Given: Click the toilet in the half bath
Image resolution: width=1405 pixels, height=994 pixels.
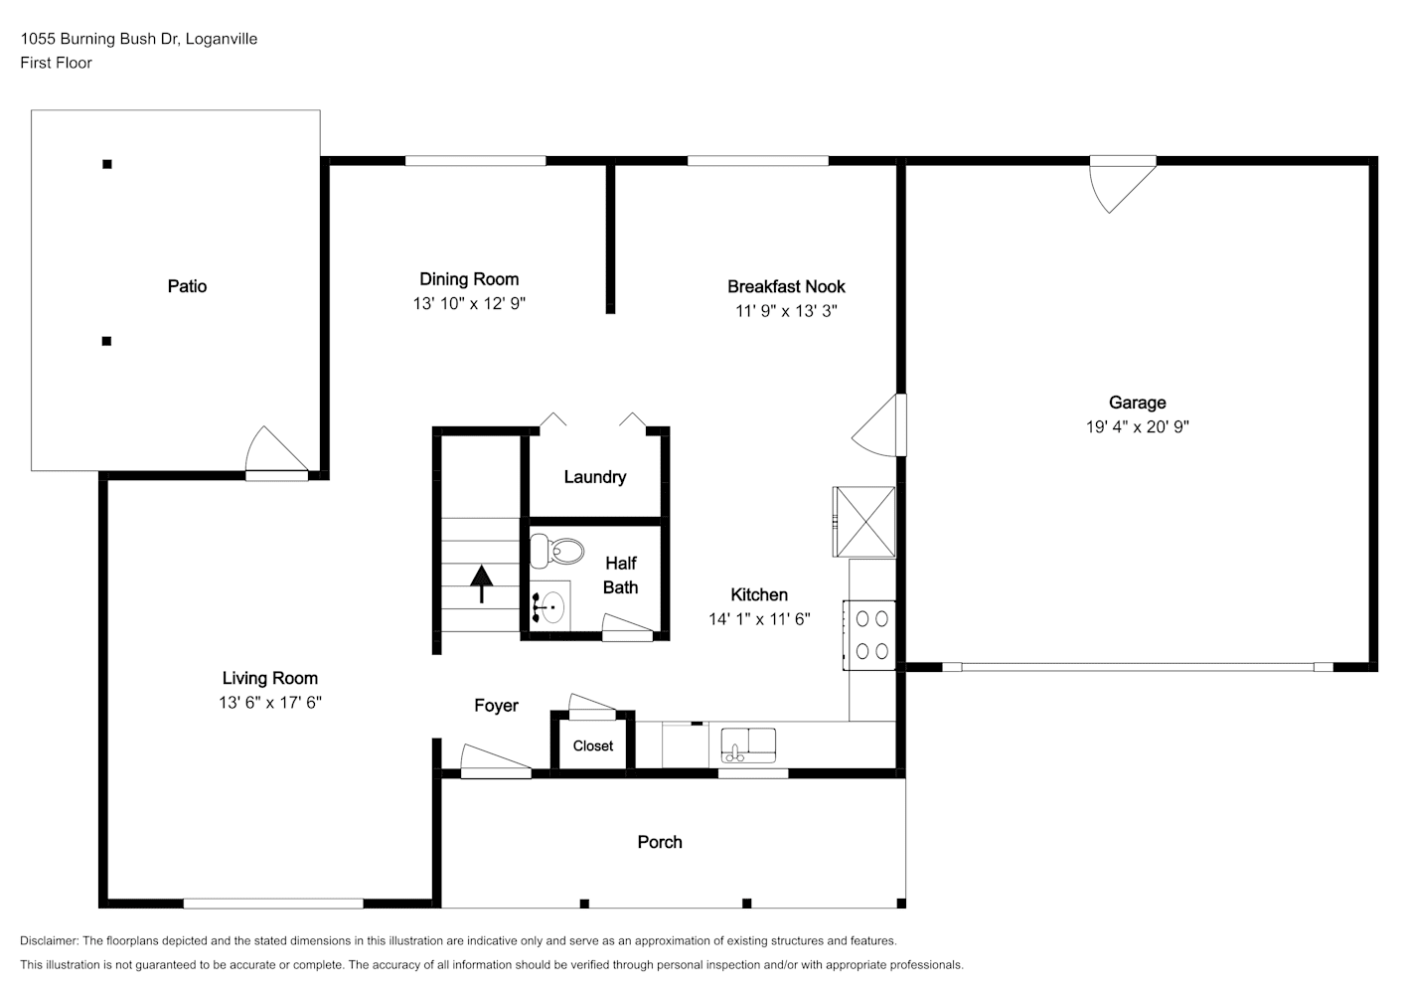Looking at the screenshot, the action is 555,551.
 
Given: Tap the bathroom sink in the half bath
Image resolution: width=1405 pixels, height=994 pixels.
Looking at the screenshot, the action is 550,606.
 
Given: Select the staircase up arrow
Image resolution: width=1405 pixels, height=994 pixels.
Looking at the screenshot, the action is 482,583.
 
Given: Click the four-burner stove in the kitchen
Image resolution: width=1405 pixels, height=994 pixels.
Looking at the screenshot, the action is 868,635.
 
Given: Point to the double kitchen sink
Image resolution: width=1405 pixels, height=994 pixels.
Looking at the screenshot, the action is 748,745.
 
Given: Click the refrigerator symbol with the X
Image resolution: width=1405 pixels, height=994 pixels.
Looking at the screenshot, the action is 864,522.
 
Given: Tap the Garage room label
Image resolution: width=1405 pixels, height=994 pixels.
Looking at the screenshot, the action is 1137,403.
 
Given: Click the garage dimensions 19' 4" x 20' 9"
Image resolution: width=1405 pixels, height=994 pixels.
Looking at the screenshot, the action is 1137,426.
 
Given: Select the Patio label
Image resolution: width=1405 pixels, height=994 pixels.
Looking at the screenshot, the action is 187,286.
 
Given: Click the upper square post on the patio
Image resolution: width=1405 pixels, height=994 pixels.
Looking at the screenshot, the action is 107,164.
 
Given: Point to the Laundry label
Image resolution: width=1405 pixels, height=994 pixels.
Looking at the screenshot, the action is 594,477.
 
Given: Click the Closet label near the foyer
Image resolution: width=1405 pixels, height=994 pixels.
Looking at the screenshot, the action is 593,745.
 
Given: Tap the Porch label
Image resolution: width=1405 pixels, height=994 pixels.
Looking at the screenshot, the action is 659,842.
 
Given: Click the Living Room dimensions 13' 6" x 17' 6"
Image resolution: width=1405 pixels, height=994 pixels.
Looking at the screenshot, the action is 269,702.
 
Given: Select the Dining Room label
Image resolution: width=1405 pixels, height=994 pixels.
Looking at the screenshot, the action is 469,279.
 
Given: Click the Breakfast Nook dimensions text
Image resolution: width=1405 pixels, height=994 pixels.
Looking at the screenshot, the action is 786,310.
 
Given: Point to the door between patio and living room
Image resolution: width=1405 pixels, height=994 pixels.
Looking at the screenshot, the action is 276,453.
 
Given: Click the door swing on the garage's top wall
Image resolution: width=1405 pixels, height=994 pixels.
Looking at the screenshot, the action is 1122,184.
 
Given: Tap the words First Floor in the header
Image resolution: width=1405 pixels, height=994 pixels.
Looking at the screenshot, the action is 56,63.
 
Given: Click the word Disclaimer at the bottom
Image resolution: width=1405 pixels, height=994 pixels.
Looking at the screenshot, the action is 49,940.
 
